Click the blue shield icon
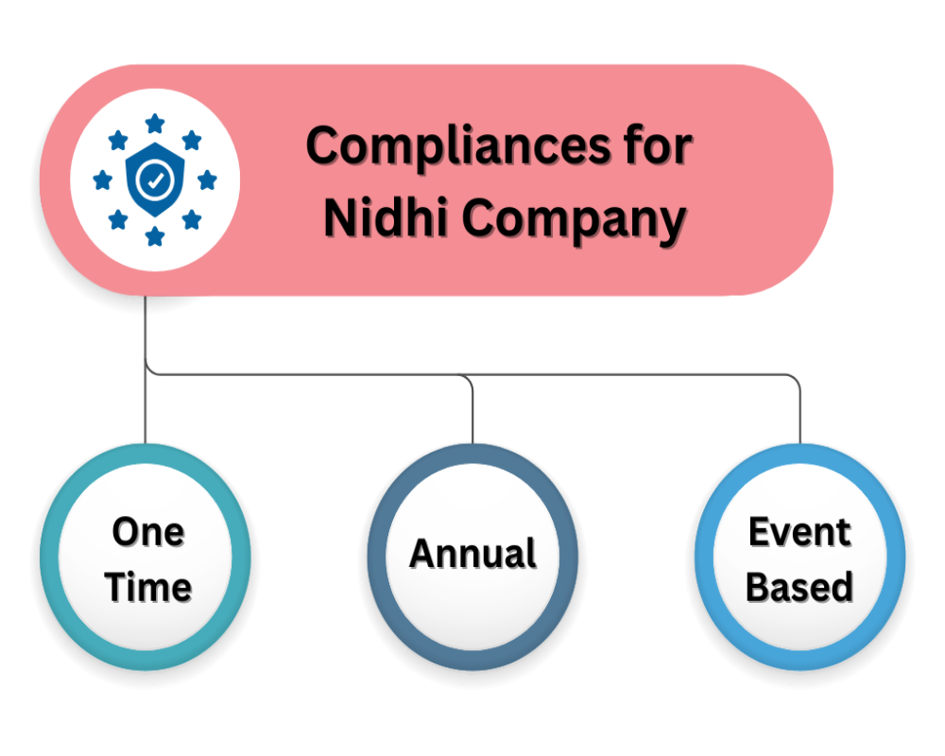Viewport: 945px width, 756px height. pos(154,180)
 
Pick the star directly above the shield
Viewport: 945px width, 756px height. pos(154,124)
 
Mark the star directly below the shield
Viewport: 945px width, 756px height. pos(154,233)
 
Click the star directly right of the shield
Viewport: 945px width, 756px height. pos(207,180)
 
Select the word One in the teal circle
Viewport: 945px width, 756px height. pos(148,531)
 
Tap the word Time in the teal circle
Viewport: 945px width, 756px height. pos(148,587)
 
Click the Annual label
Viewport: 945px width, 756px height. pos(472,554)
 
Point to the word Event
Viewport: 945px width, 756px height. pos(799,531)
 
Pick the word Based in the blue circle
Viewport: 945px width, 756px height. pos(799,587)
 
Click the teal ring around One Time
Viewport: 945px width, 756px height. pos(51,558)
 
